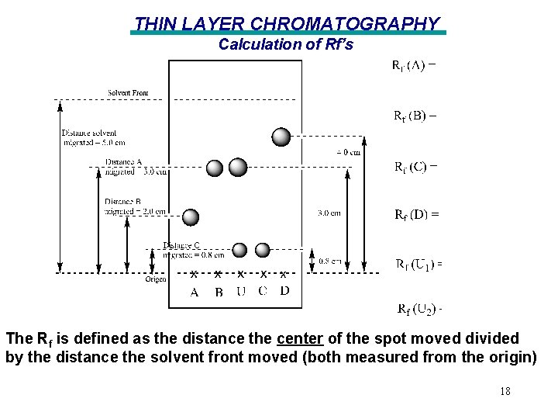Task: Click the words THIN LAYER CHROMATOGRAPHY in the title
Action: [x=287, y=24]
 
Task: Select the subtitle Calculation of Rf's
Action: [x=285, y=44]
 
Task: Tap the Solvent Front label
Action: [x=128, y=94]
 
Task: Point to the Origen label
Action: [x=155, y=279]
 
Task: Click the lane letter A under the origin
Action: [x=195, y=292]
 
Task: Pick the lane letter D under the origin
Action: [x=284, y=291]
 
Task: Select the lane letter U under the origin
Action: [x=241, y=292]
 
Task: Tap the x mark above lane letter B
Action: [x=218, y=274]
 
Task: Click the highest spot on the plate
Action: [x=281, y=137]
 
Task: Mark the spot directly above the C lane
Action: [x=263, y=250]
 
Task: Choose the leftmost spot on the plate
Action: [x=190, y=218]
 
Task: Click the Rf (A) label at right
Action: [x=413, y=65]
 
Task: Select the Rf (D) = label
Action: [x=417, y=214]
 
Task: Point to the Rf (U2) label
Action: [x=419, y=310]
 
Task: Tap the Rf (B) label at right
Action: [x=415, y=116]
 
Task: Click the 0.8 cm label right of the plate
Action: [x=330, y=261]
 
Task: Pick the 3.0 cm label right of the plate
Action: [x=329, y=213]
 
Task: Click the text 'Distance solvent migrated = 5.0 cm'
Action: [x=94, y=137]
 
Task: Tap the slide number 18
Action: [x=505, y=392]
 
